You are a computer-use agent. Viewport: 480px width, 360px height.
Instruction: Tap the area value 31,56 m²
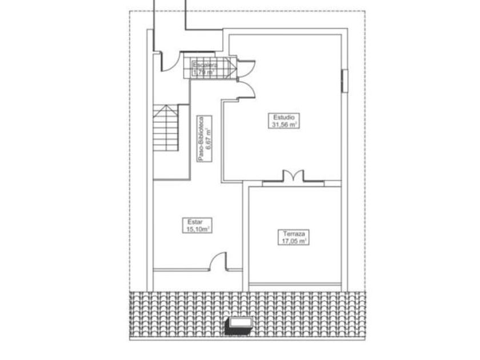(284, 124)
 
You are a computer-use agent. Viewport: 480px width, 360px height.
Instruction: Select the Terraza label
(294, 234)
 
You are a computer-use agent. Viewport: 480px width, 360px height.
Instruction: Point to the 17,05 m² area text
(294, 241)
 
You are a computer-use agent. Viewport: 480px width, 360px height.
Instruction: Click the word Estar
(195, 222)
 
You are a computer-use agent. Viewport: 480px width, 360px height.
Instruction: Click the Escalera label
(204, 65)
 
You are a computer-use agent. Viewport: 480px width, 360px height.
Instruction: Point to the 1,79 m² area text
(203, 73)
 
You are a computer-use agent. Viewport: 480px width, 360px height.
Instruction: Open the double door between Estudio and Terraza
(292, 177)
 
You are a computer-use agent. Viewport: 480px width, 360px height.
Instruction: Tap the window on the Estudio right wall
(345, 80)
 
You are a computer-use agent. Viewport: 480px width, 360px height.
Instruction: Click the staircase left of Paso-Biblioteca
(166, 128)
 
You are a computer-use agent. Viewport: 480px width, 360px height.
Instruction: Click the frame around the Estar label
(196, 225)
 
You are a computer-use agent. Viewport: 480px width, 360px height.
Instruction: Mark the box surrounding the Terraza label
(294, 238)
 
